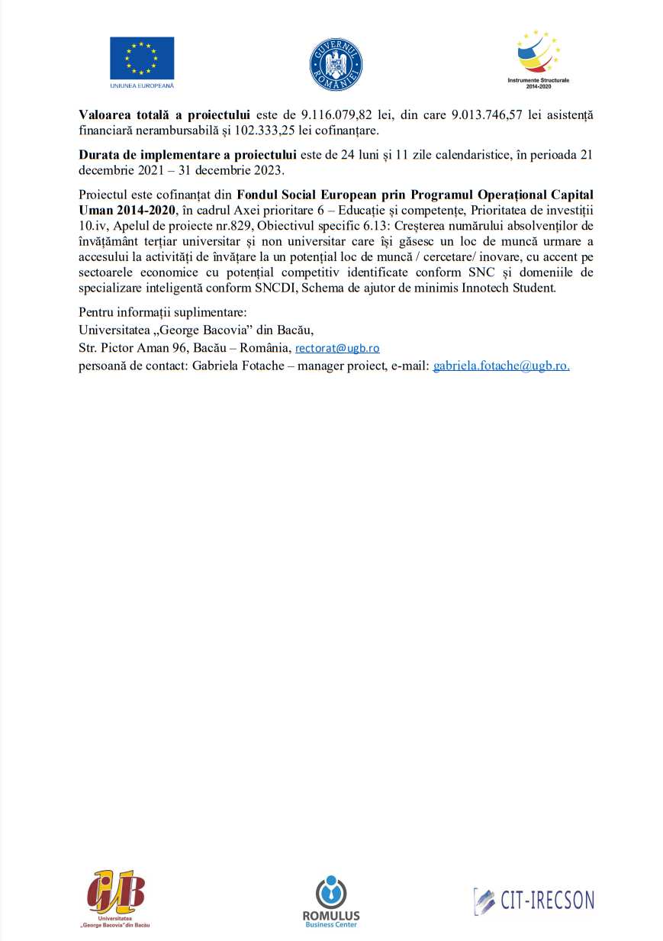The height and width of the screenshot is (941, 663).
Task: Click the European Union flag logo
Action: coord(142,58)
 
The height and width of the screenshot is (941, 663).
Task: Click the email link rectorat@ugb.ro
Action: coord(337,348)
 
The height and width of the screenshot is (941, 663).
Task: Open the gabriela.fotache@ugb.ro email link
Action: coord(501,366)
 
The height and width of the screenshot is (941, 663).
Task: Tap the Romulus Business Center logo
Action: coord(331,901)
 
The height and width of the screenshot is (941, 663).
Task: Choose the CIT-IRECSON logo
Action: coord(533,901)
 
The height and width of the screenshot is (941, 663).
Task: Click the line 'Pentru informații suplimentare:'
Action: coord(163,313)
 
